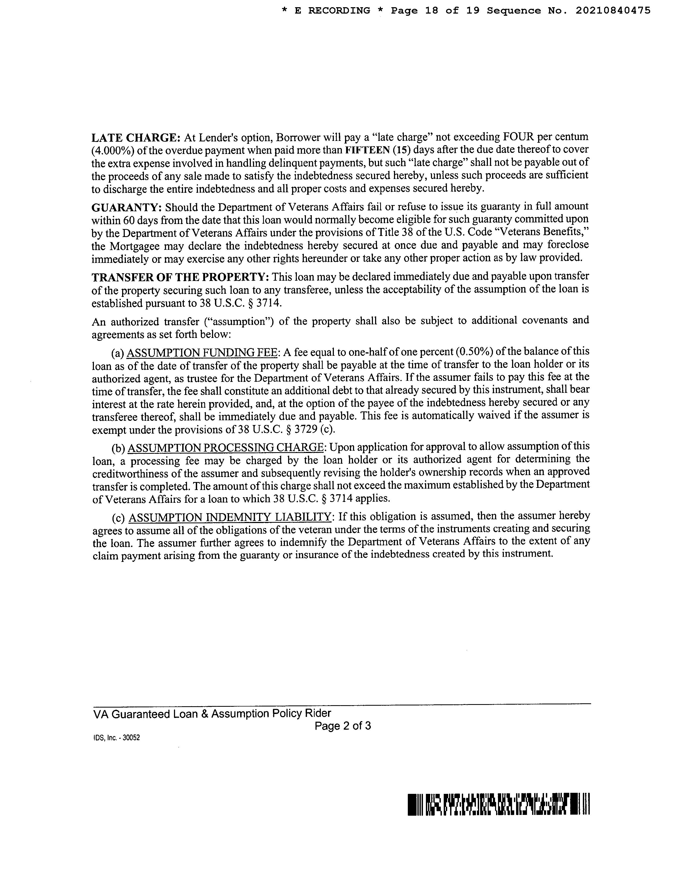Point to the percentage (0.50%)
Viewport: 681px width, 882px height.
[x=476, y=352]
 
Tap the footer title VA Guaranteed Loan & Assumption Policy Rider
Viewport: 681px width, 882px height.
[x=212, y=714]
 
